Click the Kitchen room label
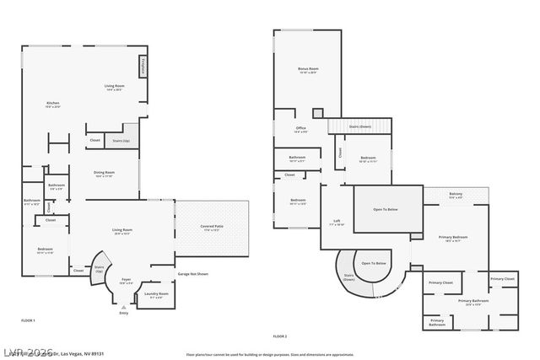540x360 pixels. click(52, 104)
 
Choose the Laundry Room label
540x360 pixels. click(159, 293)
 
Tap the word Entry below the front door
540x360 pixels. click(124, 311)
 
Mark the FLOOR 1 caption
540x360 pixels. click(28, 320)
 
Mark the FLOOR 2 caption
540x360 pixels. click(280, 336)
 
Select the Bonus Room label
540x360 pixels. click(308, 68)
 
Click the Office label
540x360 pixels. click(300, 129)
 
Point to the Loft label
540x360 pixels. click(337, 221)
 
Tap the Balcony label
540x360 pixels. click(455, 196)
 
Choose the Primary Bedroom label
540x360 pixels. click(453, 238)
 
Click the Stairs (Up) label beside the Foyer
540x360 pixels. click(99, 270)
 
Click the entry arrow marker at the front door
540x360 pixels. click(124, 305)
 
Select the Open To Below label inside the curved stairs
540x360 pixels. click(375, 263)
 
